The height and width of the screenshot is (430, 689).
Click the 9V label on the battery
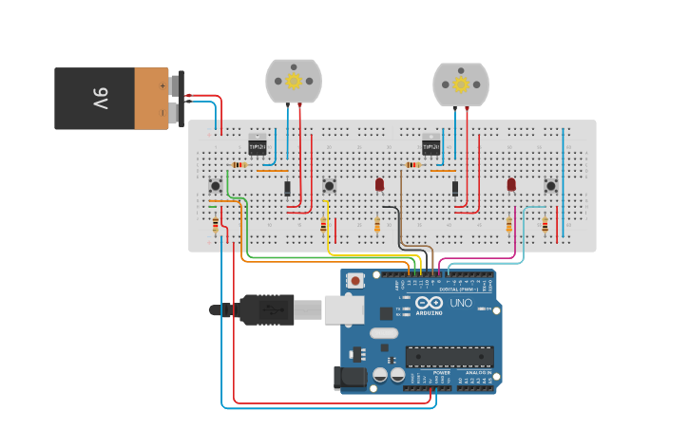coord(100,98)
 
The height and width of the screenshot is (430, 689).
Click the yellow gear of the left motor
coord(294,82)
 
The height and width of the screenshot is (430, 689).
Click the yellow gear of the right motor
coord(461,84)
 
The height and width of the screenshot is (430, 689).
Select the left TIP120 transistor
coord(258,146)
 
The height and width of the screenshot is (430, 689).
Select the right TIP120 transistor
coord(431,146)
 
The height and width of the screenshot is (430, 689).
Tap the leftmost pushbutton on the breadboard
coord(216,185)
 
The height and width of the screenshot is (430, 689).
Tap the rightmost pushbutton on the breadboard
coord(550,185)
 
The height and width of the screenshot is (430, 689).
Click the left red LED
coord(379,183)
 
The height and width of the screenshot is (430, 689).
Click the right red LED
coord(511,183)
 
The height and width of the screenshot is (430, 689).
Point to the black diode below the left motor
coord(287,188)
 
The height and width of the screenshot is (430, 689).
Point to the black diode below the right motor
coord(455,188)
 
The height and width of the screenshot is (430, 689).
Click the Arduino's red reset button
coord(355,280)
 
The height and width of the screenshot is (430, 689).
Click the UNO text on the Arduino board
coord(461,303)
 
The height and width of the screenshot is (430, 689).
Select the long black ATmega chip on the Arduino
coord(450,357)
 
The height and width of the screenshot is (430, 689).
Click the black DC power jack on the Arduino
coord(352,378)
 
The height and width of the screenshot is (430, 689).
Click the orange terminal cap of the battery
coord(151,98)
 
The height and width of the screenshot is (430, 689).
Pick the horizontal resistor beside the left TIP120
coord(239,164)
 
